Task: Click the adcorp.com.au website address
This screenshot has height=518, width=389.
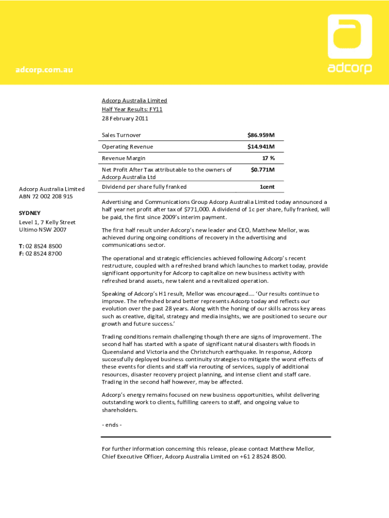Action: point(43,70)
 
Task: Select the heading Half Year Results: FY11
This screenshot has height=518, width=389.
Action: point(132,109)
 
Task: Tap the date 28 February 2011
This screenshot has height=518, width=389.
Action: point(125,118)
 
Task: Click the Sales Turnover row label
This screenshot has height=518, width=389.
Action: point(121,135)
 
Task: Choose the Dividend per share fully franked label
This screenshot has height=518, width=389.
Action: point(144,187)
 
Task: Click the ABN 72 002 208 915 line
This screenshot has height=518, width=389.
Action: point(46,196)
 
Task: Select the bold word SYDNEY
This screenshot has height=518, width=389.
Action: point(30,213)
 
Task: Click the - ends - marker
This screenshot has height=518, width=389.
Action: point(112,424)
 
